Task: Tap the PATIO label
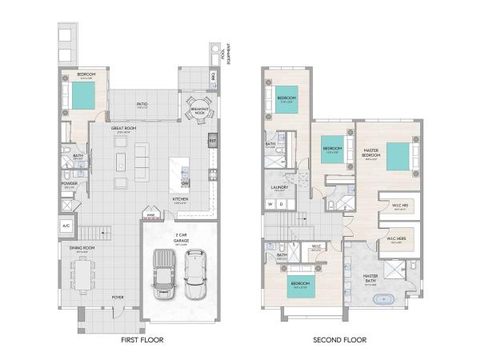click(141, 103)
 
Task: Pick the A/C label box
click(66, 226)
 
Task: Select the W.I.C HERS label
click(398, 239)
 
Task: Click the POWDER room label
click(69, 183)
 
